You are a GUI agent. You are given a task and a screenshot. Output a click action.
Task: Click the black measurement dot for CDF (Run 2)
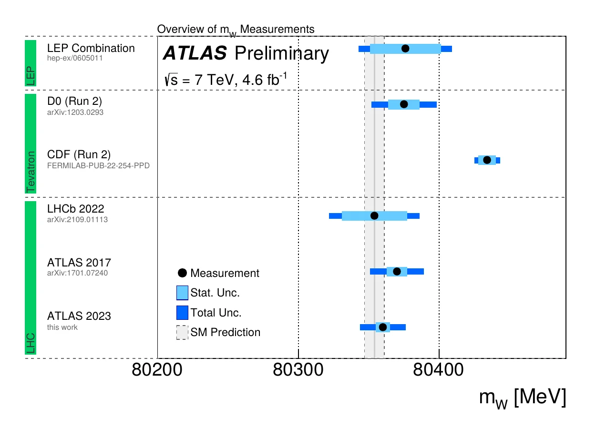(x=487, y=160)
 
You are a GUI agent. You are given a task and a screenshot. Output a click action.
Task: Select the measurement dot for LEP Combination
(x=405, y=48)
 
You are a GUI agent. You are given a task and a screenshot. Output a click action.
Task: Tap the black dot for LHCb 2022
(x=374, y=216)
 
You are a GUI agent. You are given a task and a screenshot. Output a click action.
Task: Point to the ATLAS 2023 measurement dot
(x=382, y=327)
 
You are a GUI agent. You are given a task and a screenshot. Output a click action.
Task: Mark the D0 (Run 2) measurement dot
(x=404, y=104)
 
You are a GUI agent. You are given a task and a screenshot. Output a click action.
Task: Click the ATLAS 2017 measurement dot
(x=397, y=272)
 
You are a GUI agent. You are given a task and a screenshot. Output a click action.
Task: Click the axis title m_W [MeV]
(x=523, y=398)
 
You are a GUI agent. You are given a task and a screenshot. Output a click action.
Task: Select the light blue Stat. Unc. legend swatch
(x=182, y=293)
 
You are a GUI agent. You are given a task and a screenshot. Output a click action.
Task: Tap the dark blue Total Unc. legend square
(x=182, y=313)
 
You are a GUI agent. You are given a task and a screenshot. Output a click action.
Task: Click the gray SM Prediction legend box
(x=182, y=333)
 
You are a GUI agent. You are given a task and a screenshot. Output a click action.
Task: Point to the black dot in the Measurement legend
(x=182, y=273)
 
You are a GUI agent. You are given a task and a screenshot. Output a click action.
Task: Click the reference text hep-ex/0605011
(x=75, y=58)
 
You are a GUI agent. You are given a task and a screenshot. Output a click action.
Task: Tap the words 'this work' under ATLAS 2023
(x=62, y=327)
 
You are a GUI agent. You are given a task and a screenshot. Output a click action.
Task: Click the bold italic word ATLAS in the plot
(x=195, y=54)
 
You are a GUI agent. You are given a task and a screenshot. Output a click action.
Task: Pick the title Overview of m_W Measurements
(x=236, y=30)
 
